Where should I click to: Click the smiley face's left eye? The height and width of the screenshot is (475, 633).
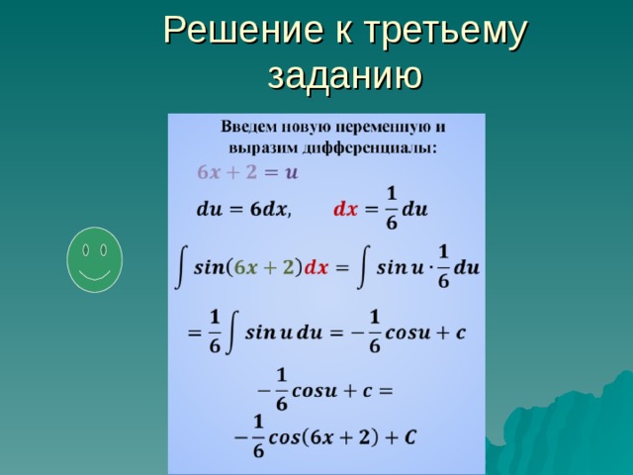(86, 247)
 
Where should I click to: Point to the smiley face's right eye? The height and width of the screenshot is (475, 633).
(102, 247)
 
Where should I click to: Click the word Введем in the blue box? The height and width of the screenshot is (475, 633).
(249, 129)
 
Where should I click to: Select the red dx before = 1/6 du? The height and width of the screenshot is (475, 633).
(345, 210)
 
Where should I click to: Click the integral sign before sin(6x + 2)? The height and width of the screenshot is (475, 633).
(180, 267)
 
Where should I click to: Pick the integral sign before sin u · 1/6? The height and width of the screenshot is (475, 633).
(365, 267)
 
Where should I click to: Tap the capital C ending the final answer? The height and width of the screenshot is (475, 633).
(409, 435)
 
